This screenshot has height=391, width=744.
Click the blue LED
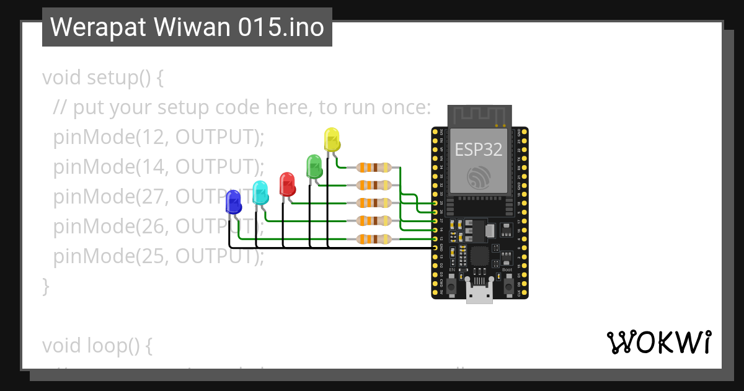pyautogui.click(x=233, y=202)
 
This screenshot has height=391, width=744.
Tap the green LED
pyautogui.click(x=314, y=166)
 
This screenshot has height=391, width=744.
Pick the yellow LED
pyautogui.click(x=332, y=140)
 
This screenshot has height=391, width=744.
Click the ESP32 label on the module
pyautogui.click(x=479, y=149)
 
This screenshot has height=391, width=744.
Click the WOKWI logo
pyautogui.click(x=658, y=342)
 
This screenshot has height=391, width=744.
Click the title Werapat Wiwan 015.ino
pyautogui.click(x=187, y=27)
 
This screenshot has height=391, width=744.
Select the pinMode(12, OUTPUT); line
pyautogui.click(x=159, y=137)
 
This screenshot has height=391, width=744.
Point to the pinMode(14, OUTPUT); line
pyautogui.click(x=159, y=166)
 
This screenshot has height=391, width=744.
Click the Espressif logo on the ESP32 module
pyautogui.click(x=479, y=178)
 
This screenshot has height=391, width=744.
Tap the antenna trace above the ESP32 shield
pyautogui.click(x=479, y=115)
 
